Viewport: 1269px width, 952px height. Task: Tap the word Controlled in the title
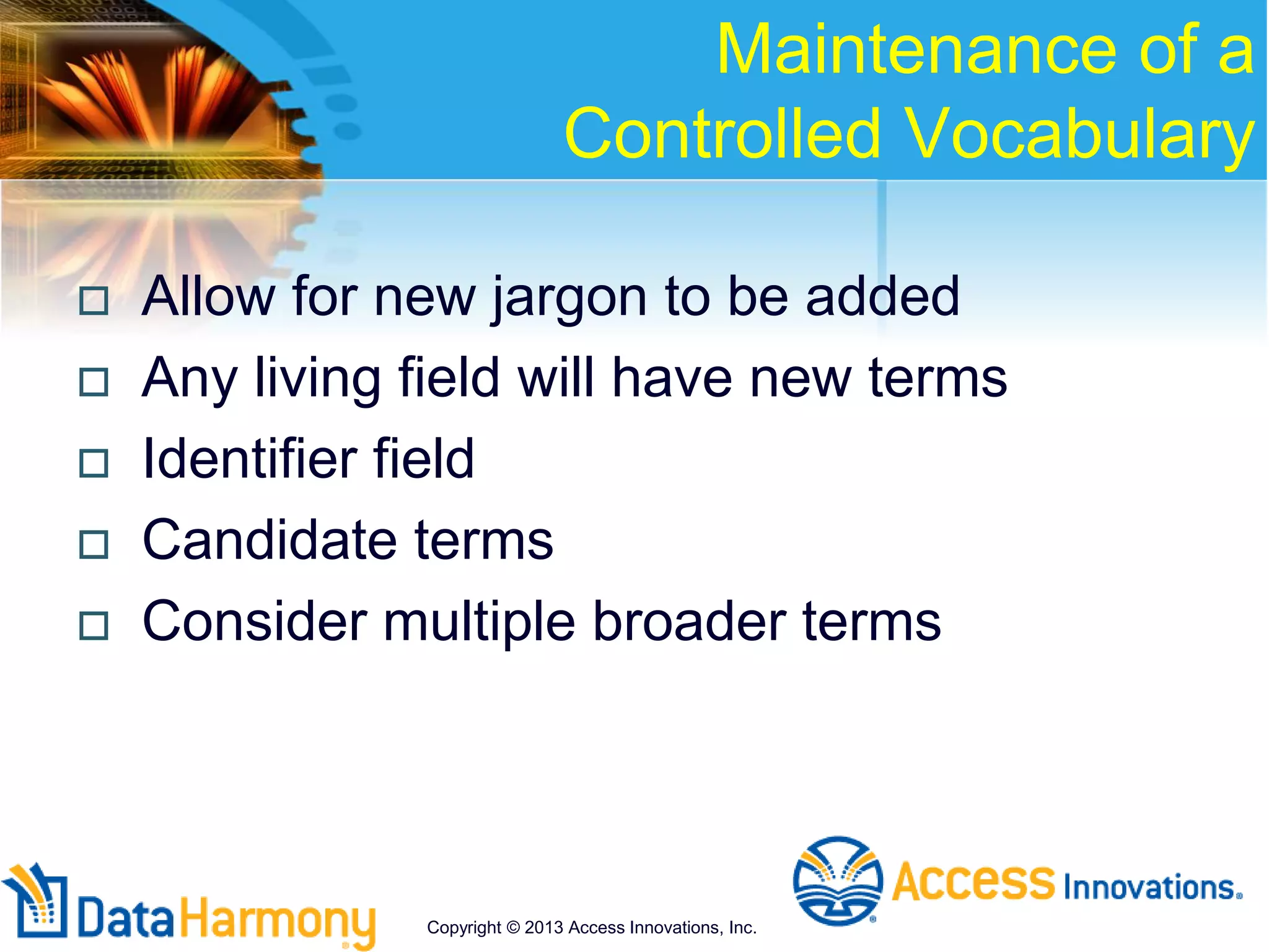(x=722, y=133)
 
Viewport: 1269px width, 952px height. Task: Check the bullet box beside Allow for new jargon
(x=94, y=301)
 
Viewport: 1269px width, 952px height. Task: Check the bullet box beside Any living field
(x=94, y=382)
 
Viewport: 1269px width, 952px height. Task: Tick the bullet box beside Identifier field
(x=94, y=463)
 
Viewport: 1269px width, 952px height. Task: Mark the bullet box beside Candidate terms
(x=94, y=544)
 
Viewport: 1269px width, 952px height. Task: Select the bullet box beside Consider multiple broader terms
(x=94, y=625)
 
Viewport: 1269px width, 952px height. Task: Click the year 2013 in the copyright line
(x=543, y=928)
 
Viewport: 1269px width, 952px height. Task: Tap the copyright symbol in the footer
(x=513, y=928)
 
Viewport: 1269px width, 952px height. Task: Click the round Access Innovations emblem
(x=838, y=881)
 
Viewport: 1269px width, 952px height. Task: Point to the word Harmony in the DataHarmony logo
(x=278, y=920)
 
